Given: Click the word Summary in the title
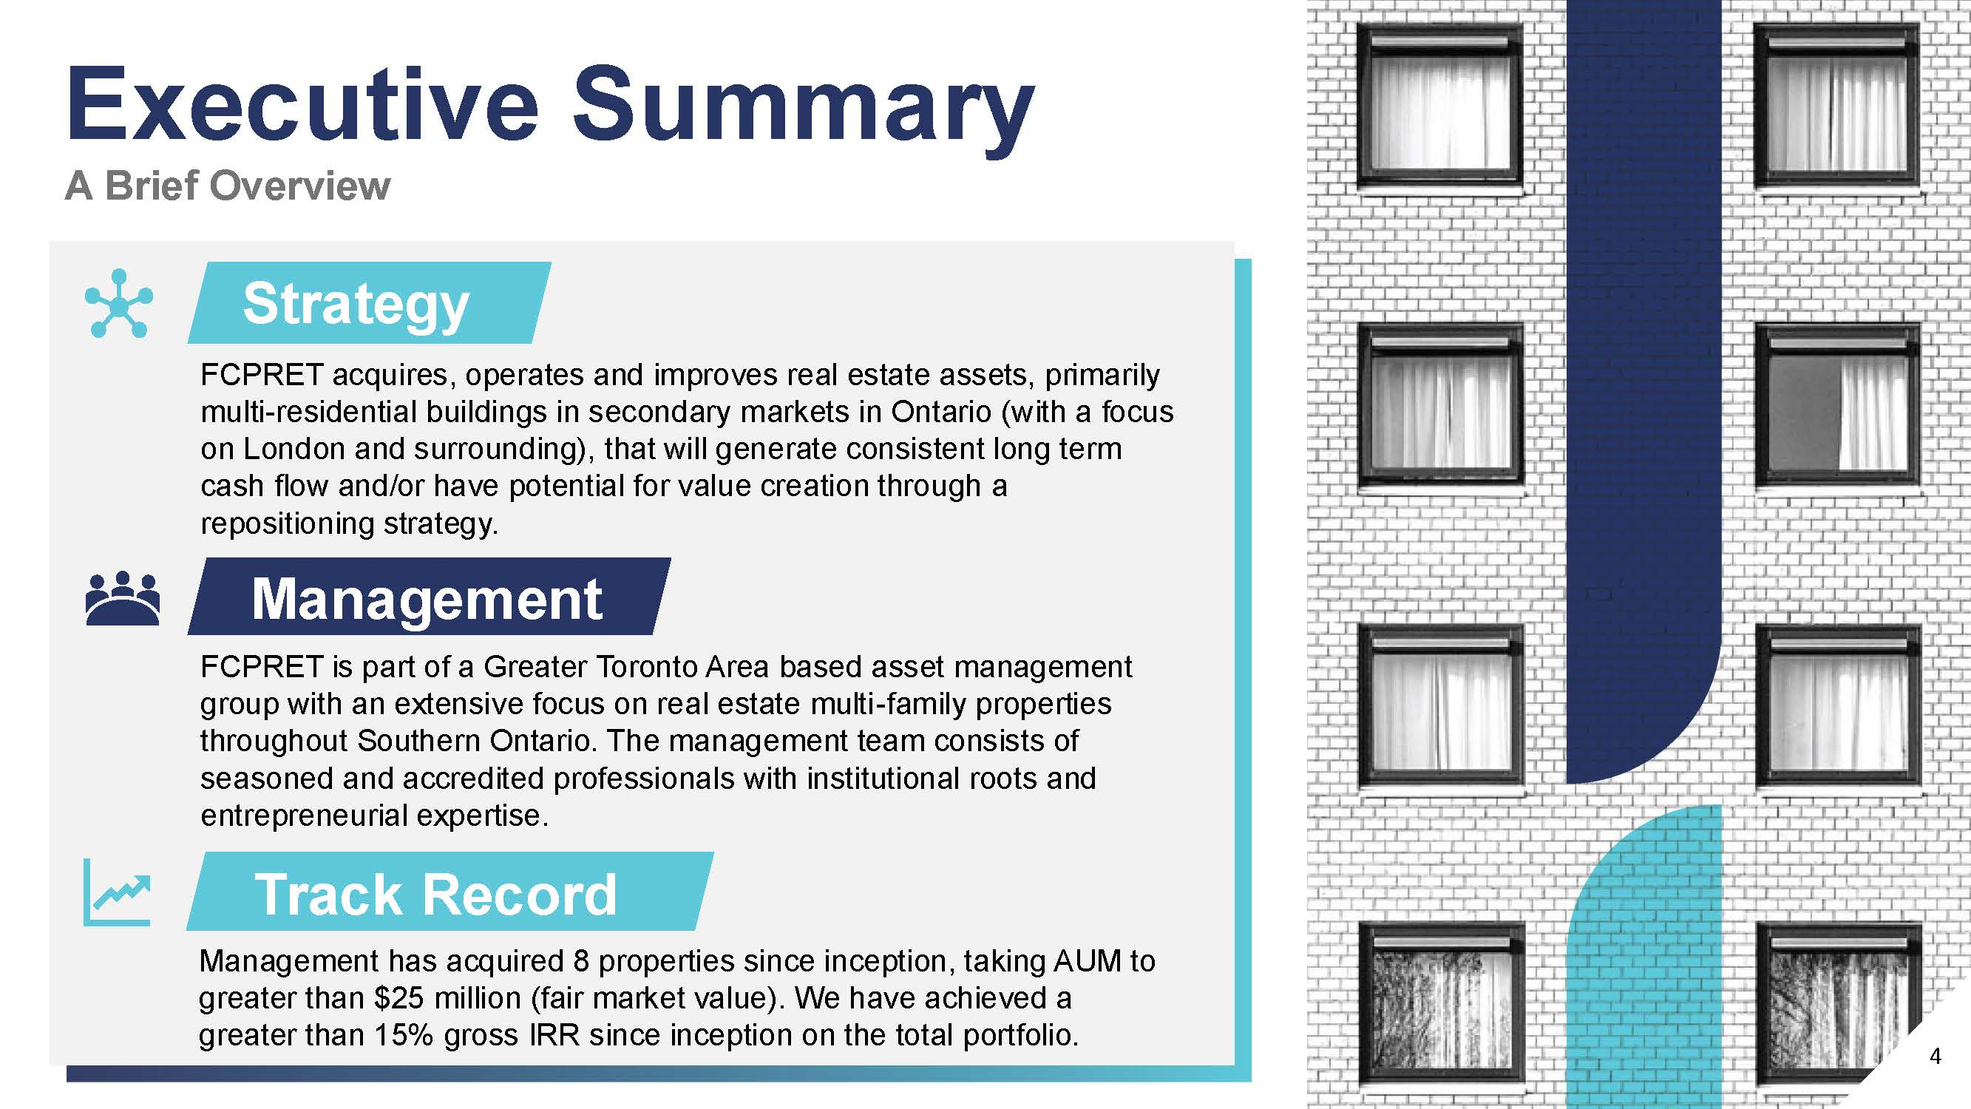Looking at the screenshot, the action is tap(804, 111).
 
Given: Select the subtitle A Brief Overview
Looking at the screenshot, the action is tap(227, 186).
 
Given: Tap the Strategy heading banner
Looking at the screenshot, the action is tap(370, 302).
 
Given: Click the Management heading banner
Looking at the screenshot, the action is tap(430, 596).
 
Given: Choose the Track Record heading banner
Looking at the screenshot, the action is tap(450, 892).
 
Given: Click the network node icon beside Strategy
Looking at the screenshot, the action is tap(118, 303).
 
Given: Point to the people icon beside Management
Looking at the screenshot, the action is tap(123, 599).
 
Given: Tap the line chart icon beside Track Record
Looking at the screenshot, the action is tap(116, 892).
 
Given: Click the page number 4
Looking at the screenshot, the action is tap(1936, 1057).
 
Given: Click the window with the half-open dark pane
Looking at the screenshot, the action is tap(1837, 406).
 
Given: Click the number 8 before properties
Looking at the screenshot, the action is tap(582, 961).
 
